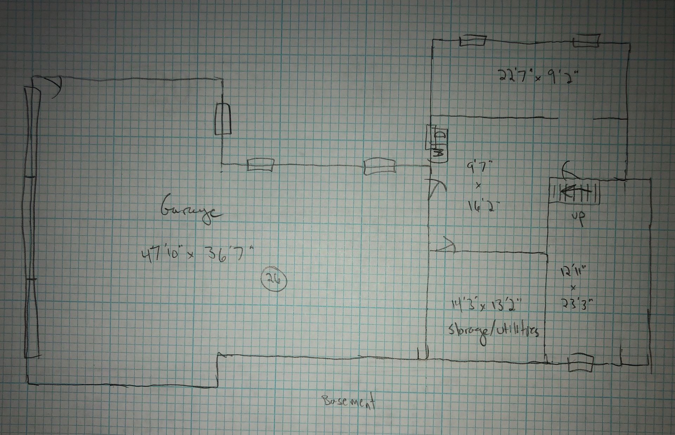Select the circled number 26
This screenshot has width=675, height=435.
point(274,280)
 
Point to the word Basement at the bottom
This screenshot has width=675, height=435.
point(348,402)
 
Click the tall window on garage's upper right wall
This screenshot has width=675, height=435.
point(223,119)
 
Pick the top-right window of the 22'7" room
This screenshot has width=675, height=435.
point(586,41)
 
